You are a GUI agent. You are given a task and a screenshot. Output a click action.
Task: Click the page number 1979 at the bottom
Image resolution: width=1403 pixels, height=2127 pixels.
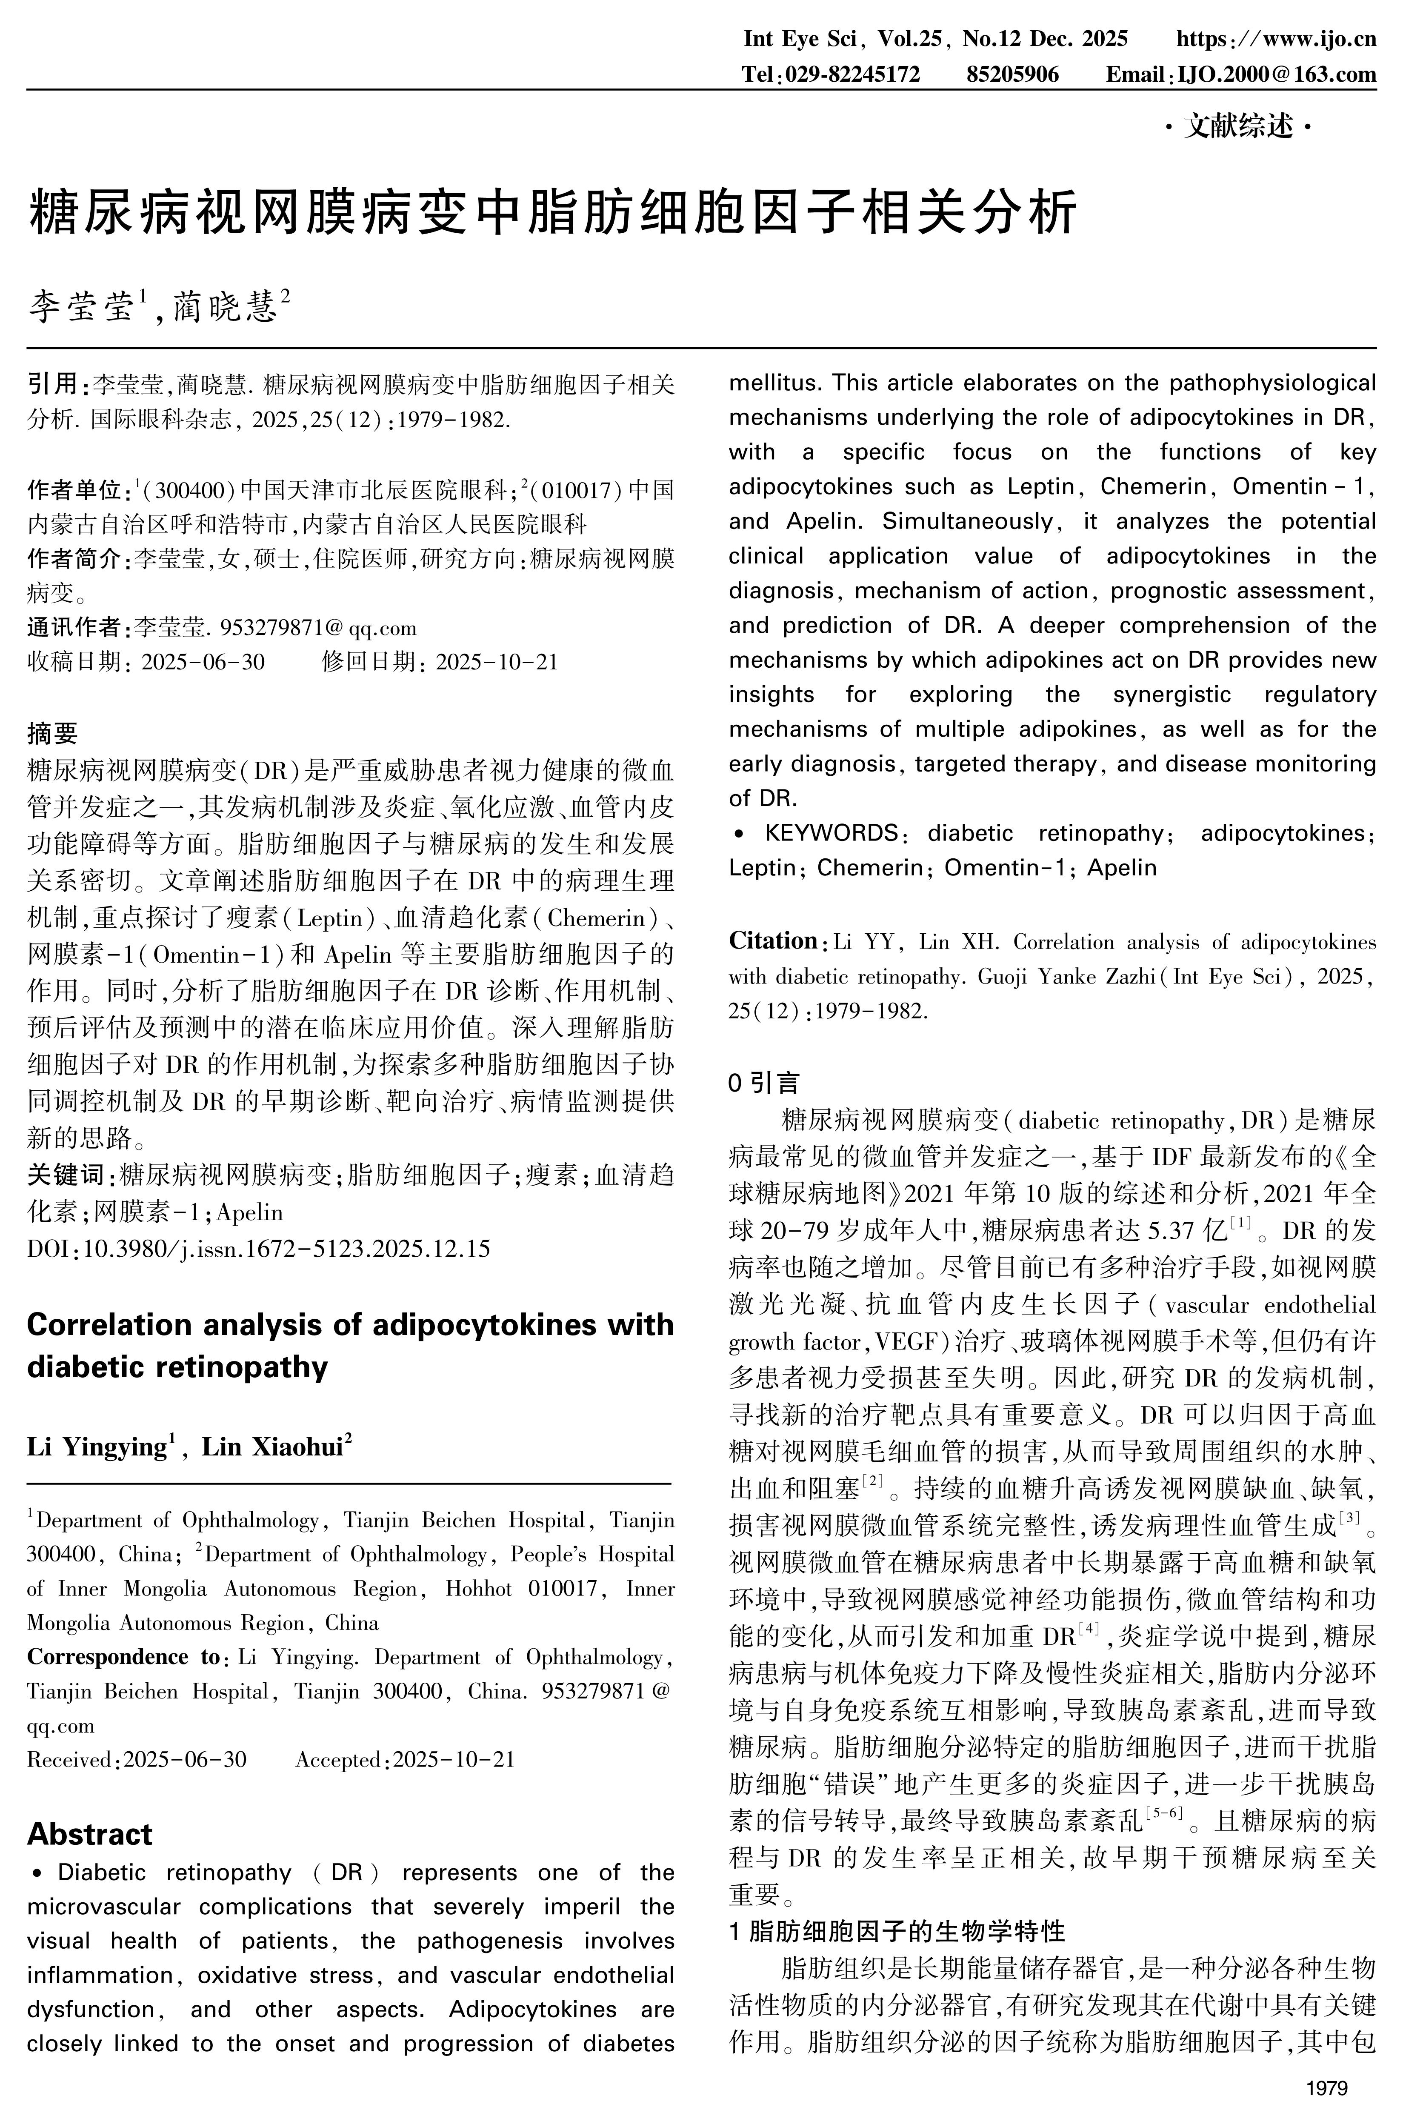(x=1326, y=2089)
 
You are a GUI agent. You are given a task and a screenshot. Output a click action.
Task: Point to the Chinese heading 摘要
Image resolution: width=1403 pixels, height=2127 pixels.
(x=53, y=734)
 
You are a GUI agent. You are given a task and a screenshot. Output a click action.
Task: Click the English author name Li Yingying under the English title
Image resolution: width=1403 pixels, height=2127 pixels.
(x=97, y=1447)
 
